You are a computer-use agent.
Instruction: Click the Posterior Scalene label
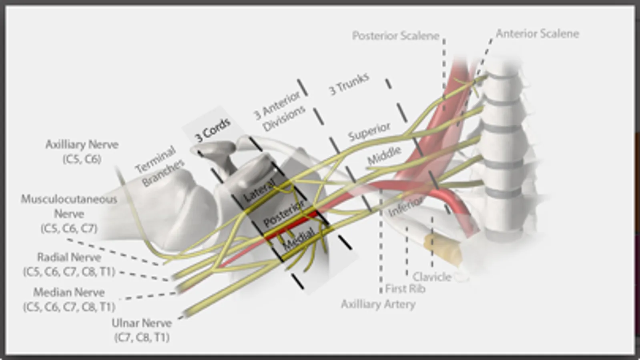(x=395, y=36)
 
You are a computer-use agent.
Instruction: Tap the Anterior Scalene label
(x=537, y=34)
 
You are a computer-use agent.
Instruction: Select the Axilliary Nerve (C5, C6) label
(x=82, y=151)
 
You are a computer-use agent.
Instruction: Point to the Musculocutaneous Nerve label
(x=69, y=214)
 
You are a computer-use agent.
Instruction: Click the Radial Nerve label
(x=69, y=264)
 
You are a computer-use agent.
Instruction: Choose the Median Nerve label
(x=69, y=299)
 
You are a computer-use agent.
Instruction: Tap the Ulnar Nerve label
(x=142, y=330)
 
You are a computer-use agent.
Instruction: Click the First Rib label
(x=405, y=288)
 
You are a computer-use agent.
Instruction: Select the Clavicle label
(x=432, y=276)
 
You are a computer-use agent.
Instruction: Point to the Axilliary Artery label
(x=378, y=304)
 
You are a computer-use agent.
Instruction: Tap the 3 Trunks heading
(x=348, y=84)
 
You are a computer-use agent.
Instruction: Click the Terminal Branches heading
(x=159, y=166)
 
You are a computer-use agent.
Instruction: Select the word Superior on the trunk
(x=369, y=132)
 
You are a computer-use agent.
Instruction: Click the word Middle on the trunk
(x=384, y=156)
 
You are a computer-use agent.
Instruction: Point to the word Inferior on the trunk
(x=405, y=206)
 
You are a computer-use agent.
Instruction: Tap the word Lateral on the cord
(x=259, y=190)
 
